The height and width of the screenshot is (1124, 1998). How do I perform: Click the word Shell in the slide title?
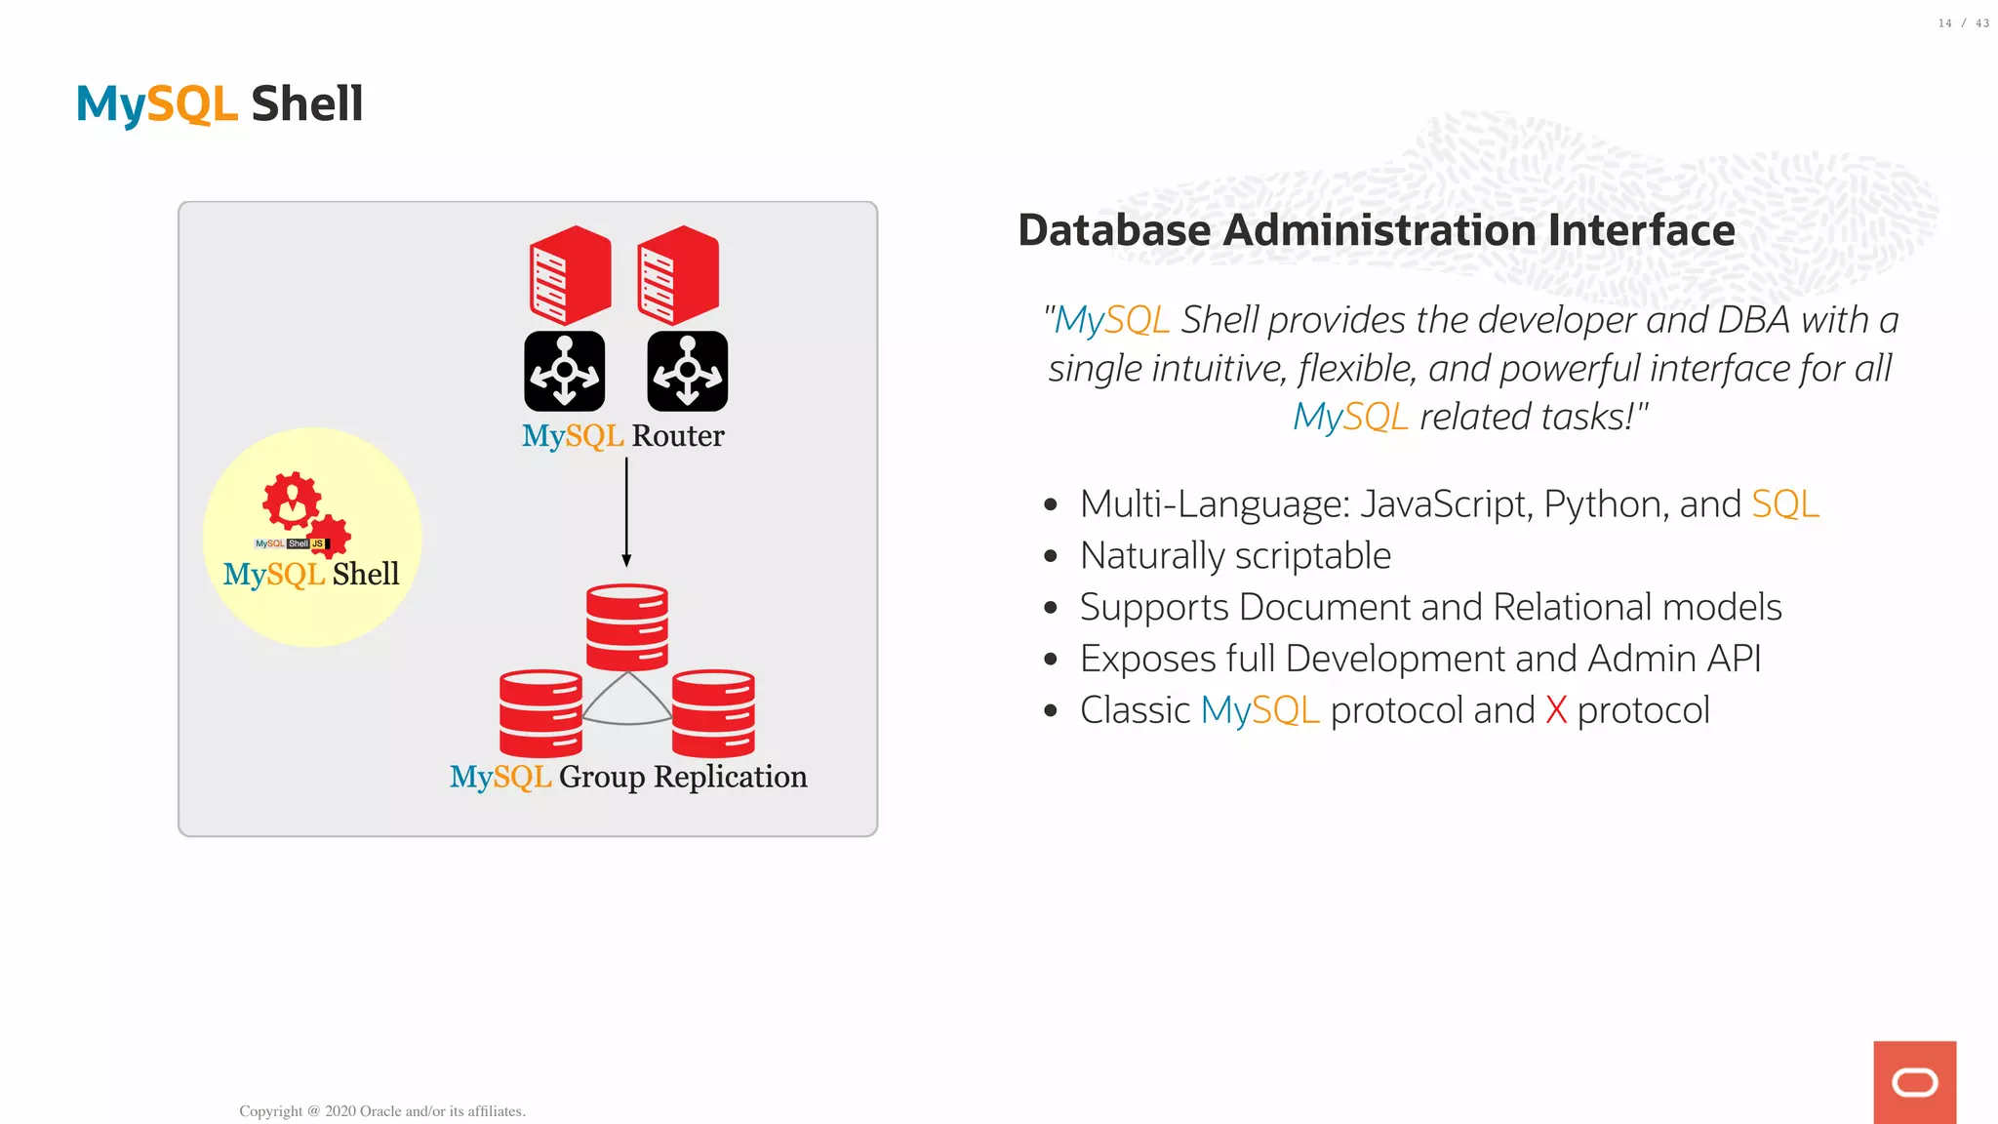306,104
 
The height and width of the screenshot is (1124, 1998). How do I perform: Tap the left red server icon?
570,275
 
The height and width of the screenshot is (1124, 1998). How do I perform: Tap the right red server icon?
678,275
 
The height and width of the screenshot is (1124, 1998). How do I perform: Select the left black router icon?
564,371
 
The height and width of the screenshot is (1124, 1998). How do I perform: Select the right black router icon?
687,371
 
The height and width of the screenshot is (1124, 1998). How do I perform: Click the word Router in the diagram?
678,436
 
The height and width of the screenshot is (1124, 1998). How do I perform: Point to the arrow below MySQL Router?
626,512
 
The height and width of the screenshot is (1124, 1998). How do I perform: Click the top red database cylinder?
626,626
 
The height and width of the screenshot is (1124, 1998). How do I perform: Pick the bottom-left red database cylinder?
540,713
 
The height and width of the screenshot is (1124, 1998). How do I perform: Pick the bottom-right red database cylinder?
713,713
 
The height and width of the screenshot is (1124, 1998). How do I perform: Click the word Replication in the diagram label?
730,777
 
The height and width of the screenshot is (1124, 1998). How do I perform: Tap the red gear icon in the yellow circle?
293,503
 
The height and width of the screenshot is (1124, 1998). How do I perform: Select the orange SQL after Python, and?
1784,504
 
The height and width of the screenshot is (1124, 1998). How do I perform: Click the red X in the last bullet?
1556,710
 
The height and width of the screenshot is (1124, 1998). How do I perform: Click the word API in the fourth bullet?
1735,659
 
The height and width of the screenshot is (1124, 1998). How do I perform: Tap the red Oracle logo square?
1914,1082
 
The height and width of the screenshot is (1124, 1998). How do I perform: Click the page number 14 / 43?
1963,23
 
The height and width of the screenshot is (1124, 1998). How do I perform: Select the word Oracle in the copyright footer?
380,1111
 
